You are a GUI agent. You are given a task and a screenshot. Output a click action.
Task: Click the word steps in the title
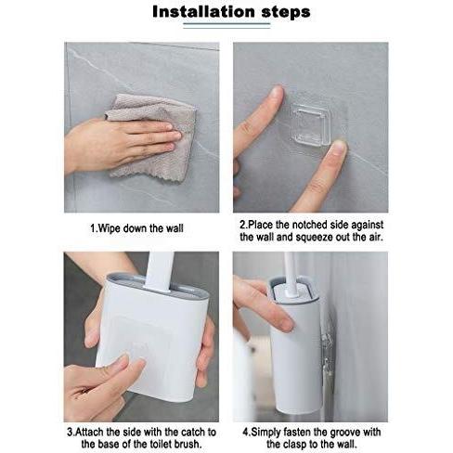pos(278,14)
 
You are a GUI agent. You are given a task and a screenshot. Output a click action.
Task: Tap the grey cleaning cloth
pos(152,130)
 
